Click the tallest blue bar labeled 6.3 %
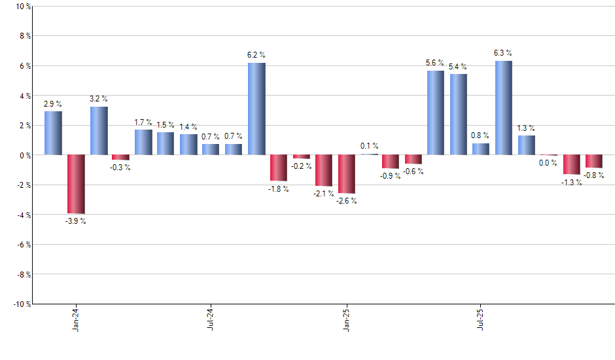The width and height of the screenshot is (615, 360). point(504,108)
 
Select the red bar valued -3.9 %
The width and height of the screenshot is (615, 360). point(76,184)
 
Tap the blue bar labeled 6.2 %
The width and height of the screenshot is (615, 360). point(256,109)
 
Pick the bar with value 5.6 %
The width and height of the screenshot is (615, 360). point(436,113)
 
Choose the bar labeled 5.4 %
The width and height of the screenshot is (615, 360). point(458,115)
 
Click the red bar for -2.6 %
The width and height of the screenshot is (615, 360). point(347,174)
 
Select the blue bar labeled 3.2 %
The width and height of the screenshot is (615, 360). point(99,131)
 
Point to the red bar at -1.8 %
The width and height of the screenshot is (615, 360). point(279,168)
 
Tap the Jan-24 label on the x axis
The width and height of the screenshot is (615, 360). point(76,319)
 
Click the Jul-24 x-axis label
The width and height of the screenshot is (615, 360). point(211,319)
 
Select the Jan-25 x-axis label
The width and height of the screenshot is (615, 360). point(347,319)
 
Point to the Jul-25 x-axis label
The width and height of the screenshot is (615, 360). point(482,319)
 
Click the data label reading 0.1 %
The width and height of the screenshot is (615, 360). point(370,146)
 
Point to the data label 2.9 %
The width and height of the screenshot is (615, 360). point(53,103)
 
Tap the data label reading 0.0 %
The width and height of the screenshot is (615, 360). point(548,164)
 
